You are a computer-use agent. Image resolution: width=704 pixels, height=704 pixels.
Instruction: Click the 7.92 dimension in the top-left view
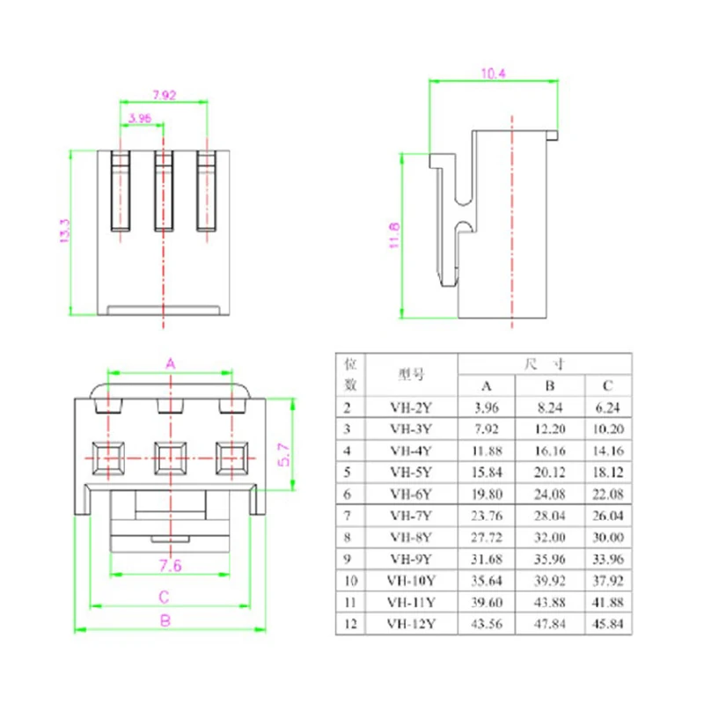[163, 93]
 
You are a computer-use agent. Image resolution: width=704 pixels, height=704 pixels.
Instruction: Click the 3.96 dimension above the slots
[140, 117]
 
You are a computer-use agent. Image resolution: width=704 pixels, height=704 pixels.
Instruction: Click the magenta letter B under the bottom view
[164, 620]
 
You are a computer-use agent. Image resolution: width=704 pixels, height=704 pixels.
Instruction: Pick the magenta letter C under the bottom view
[164, 597]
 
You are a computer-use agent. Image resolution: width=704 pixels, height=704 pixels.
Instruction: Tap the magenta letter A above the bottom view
[171, 363]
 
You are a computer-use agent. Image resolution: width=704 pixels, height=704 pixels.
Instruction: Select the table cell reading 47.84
[547, 623]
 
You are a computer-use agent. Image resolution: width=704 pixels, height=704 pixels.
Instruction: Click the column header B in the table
[547, 385]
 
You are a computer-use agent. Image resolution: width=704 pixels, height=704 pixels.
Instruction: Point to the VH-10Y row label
[411, 580]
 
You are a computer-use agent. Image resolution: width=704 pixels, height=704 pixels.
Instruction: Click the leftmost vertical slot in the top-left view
[121, 191]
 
